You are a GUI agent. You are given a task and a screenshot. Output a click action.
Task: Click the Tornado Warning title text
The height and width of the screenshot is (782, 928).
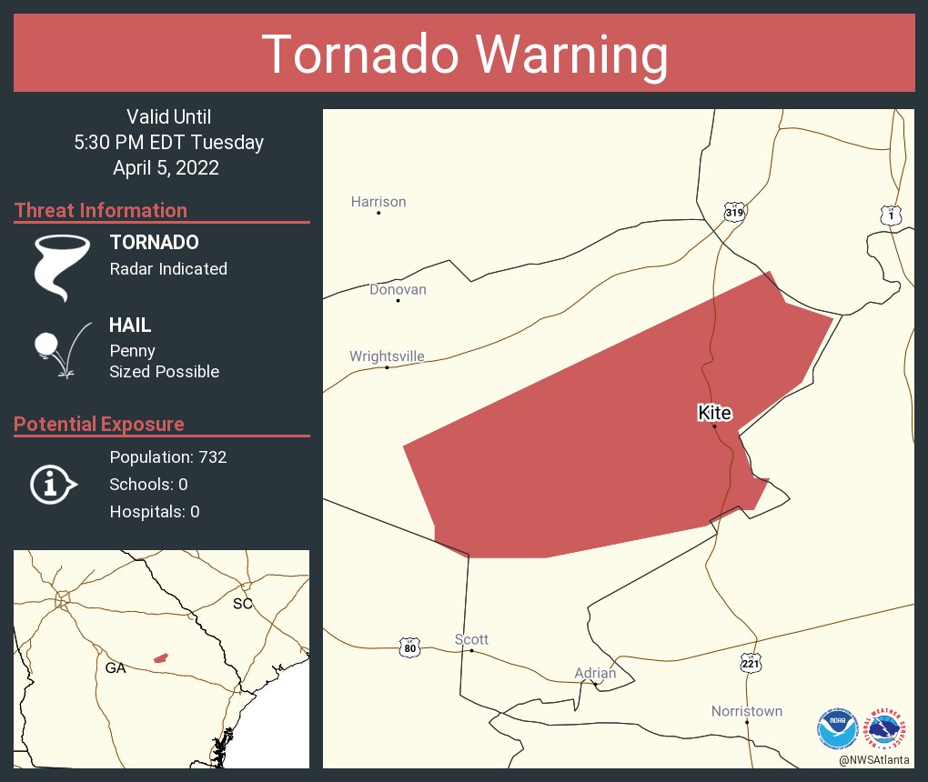coord(464,55)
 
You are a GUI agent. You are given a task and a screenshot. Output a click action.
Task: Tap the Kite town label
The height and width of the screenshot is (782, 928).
coord(714,413)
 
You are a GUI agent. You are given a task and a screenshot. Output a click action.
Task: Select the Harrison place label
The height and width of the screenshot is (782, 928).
coord(378,202)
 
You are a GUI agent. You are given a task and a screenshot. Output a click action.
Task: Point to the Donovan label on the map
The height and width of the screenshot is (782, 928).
coord(398,289)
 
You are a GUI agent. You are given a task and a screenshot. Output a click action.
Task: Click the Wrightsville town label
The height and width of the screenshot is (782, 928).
coord(387,356)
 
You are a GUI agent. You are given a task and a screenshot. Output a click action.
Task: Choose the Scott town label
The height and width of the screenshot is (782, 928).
coord(471,639)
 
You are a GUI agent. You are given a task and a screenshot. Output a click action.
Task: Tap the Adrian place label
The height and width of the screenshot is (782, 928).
coord(595,673)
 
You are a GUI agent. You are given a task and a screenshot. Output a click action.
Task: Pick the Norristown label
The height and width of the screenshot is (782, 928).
coord(746,711)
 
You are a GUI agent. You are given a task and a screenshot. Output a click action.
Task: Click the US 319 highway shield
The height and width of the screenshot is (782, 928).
coord(734,212)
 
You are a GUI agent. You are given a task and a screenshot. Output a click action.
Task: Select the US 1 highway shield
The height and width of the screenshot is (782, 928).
coord(892,216)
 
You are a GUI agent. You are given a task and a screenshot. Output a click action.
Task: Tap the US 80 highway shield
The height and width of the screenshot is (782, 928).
coord(409,647)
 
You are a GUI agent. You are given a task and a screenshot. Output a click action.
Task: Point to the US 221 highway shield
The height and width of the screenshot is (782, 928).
coord(751,663)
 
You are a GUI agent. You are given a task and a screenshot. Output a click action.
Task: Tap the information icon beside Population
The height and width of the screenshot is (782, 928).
coord(53,484)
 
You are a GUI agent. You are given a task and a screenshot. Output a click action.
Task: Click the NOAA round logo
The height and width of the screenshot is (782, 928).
coord(837,727)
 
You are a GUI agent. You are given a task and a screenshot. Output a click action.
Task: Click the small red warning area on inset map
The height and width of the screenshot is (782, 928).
coord(161,657)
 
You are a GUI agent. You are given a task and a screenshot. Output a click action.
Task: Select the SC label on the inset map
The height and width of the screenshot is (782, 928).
coord(242,604)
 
